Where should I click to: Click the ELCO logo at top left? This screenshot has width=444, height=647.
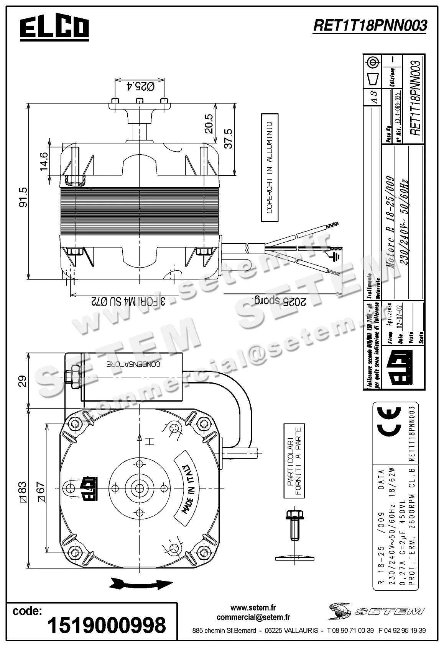[54, 28]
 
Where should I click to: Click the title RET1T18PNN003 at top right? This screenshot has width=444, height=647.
[370, 25]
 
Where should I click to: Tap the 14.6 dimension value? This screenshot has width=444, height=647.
[43, 161]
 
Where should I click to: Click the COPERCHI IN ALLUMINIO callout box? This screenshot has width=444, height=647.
[269, 167]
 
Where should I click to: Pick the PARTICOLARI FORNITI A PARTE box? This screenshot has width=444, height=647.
[294, 461]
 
